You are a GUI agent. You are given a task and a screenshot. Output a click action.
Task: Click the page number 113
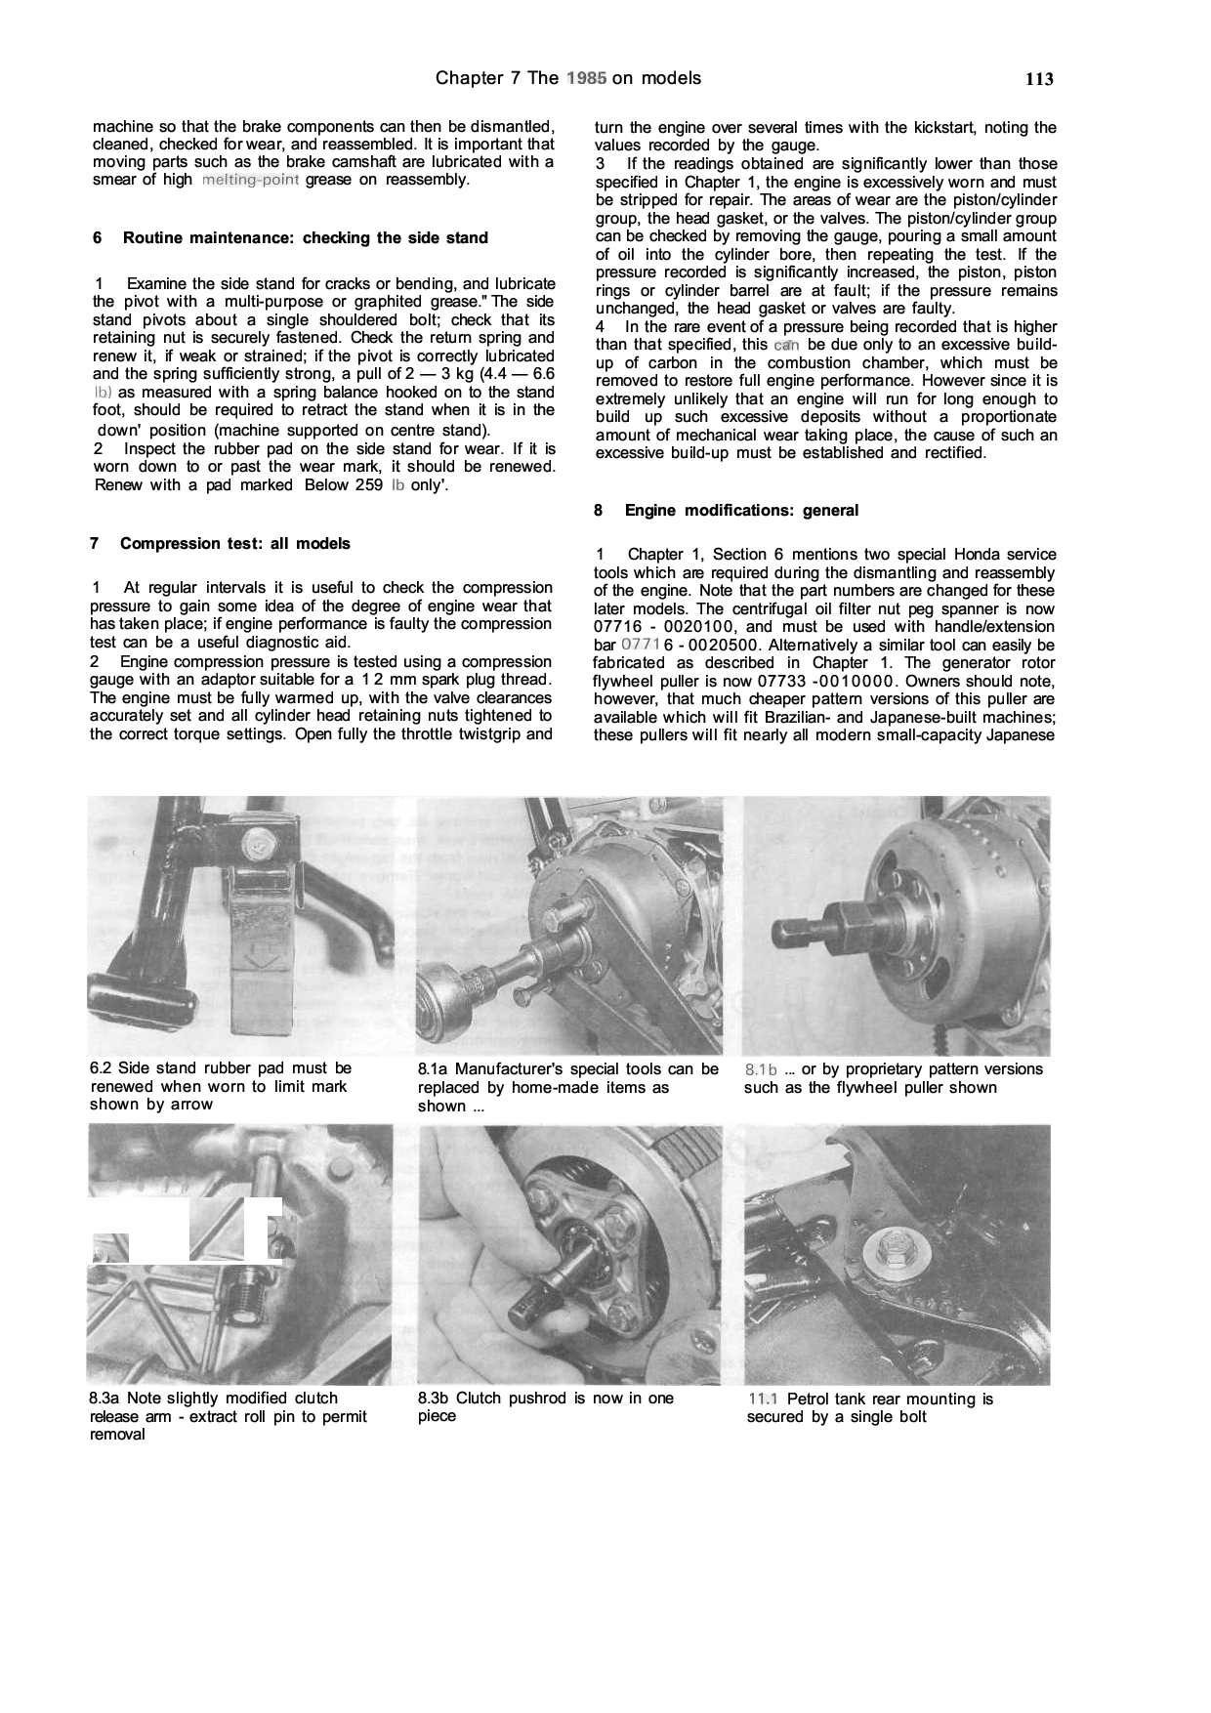tap(1039, 80)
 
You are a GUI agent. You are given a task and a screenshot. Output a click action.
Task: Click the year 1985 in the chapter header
tap(585, 78)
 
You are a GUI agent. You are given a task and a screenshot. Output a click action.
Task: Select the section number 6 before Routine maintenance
tap(96, 237)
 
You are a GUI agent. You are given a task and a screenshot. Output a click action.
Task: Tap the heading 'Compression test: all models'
tap(234, 543)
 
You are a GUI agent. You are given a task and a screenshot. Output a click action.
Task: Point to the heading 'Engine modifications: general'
tap(741, 510)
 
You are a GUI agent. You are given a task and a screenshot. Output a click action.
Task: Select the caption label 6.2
tap(103, 1068)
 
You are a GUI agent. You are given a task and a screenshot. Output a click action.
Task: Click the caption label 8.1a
tap(434, 1069)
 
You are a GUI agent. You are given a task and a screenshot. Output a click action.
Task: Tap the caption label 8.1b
tap(761, 1069)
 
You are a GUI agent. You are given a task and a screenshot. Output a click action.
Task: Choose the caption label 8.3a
tap(104, 1399)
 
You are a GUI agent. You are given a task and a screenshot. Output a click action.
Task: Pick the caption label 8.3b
tap(434, 1399)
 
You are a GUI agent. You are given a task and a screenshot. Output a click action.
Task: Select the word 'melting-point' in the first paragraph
tap(249, 181)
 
